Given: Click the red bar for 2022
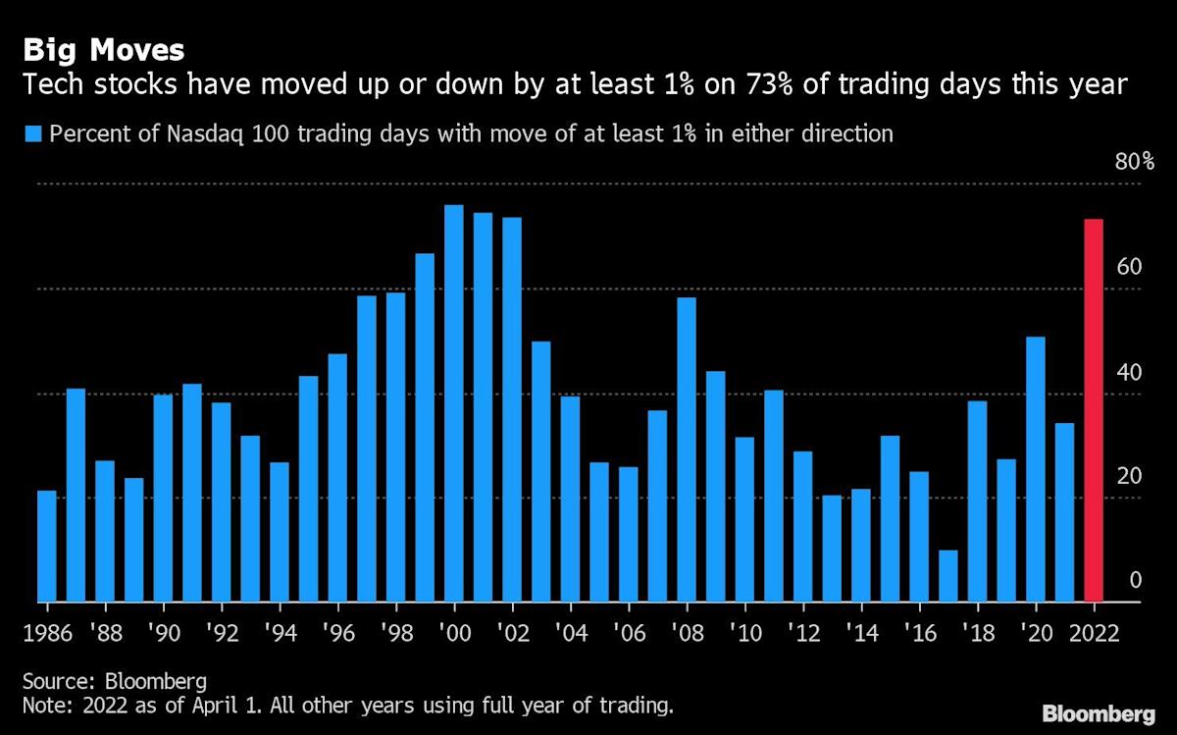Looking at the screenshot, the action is (x=1094, y=410).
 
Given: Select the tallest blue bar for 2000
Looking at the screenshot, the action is (x=454, y=403).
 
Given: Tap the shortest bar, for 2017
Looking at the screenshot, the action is (x=948, y=576).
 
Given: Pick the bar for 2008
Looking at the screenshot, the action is (x=687, y=450).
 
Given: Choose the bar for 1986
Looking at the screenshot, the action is (x=47, y=547).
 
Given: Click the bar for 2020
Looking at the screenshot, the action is (x=1036, y=469).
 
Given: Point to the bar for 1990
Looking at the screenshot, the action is (x=163, y=498).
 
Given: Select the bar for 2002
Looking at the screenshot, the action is (x=512, y=409).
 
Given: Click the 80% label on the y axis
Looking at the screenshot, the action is (x=1135, y=162).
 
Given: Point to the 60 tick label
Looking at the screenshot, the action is (x=1129, y=267).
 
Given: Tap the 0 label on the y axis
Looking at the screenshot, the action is (x=1135, y=580).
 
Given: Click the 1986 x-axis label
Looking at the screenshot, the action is (x=48, y=633).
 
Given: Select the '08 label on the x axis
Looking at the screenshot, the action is (x=688, y=633).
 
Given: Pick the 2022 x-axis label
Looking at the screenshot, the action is (x=1094, y=633).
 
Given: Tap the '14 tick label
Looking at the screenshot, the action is (x=862, y=633).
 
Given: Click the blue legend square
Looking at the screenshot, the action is (x=32, y=134).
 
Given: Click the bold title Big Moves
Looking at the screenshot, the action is (x=104, y=50).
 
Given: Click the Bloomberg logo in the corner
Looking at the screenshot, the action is (x=1099, y=714).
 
